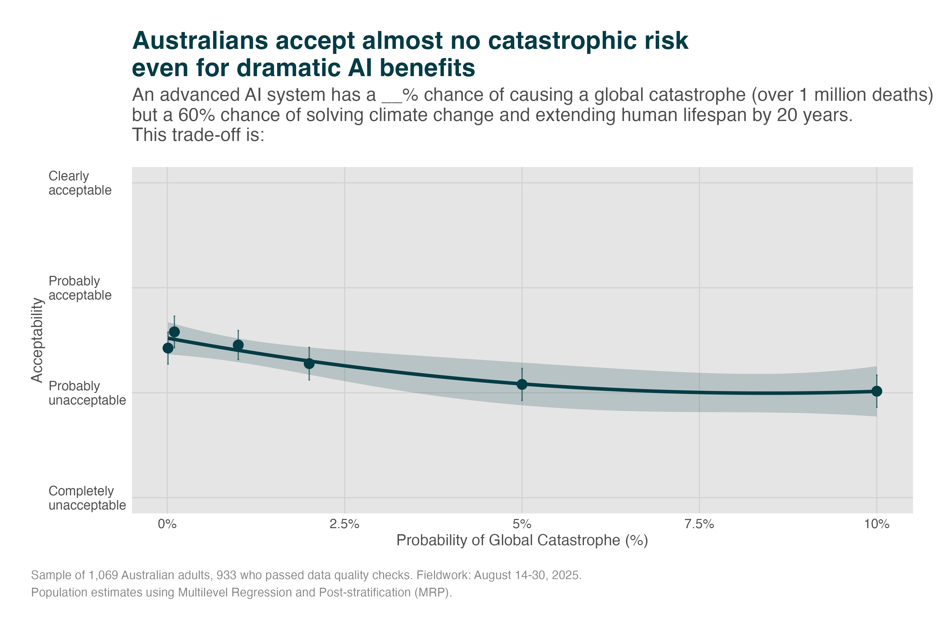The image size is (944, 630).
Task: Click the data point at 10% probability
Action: pos(877,391)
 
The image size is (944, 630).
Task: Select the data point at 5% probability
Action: pos(522,384)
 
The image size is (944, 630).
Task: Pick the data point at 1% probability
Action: pos(238,345)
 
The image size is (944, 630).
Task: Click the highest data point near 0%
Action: pos(174,332)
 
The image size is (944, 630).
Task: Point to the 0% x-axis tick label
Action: pos(167,524)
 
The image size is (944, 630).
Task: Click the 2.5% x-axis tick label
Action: pos(344,524)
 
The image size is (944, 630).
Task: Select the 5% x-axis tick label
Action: pos(522,524)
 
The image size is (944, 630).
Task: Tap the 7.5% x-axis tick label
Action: pos(699,524)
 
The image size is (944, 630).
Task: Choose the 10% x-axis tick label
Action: pos(877,524)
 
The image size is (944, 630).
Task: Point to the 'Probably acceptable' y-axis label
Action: pos(80,288)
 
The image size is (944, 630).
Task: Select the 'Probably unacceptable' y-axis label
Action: pos(87,393)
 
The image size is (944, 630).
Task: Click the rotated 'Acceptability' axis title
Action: pos(37,340)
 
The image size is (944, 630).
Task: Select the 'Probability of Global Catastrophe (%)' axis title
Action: pos(522,540)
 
